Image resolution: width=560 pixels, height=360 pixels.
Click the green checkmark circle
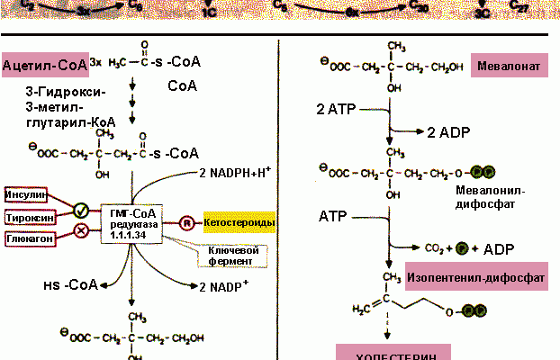(x=81, y=211)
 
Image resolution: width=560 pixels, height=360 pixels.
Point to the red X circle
(x=81, y=230)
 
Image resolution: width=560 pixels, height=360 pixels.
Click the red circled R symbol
(x=186, y=222)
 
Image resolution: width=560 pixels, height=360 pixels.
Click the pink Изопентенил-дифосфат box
(x=475, y=279)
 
